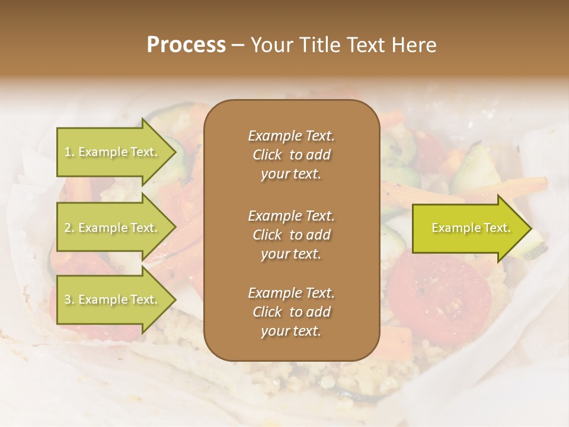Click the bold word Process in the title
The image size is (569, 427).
click(x=186, y=45)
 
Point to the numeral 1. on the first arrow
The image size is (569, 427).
click(x=69, y=152)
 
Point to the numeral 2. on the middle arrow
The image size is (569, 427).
click(x=69, y=228)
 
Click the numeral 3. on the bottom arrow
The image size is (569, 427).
click(x=69, y=300)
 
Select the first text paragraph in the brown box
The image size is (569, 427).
click(x=291, y=155)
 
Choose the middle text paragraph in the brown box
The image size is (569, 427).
click(x=291, y=235)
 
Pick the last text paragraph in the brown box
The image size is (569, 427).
click(x=291, y=312)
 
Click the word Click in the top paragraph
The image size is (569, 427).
click(x=267, y=155)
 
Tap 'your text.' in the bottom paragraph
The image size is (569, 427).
click(x=291, y=332)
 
